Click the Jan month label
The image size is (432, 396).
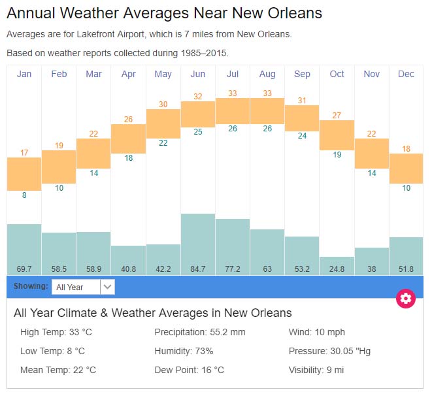pos(24,74)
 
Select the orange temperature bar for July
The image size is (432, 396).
pos(233,111)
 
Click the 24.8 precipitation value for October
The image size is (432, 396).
pos(337,269)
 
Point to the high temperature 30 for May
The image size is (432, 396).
pos(163,104)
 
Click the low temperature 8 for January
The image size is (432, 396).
pos(24,195)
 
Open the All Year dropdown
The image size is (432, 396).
pos(83,286)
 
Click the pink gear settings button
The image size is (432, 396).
pos(406,299)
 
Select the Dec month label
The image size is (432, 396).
pos(406,74)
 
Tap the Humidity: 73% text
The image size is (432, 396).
pos(184,351)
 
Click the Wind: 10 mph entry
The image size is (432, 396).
pos(316,332)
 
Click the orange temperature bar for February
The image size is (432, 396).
pos(59,167)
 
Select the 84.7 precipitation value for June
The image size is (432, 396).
pos(198,269)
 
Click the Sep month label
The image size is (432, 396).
pos(302,74)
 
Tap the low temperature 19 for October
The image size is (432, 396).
pos(337,155)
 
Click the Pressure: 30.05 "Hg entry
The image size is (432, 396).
pos(329,351)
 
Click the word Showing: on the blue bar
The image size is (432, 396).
pos(31,286)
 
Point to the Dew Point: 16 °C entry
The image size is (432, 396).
pos(189,370)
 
